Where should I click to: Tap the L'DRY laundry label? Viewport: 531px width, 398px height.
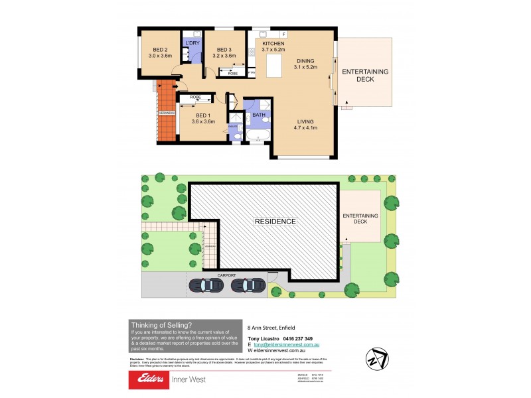[192, 43]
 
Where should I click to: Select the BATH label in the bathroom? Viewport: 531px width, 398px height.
[258, 115]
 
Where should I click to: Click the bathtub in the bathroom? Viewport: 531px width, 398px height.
[256, 137]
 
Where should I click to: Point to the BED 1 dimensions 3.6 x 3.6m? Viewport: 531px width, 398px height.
[203, 121]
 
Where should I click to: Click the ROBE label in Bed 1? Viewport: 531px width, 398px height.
[195, 98]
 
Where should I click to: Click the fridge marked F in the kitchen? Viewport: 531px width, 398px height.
[283, 34]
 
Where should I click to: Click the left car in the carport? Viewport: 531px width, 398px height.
[206, 285]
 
